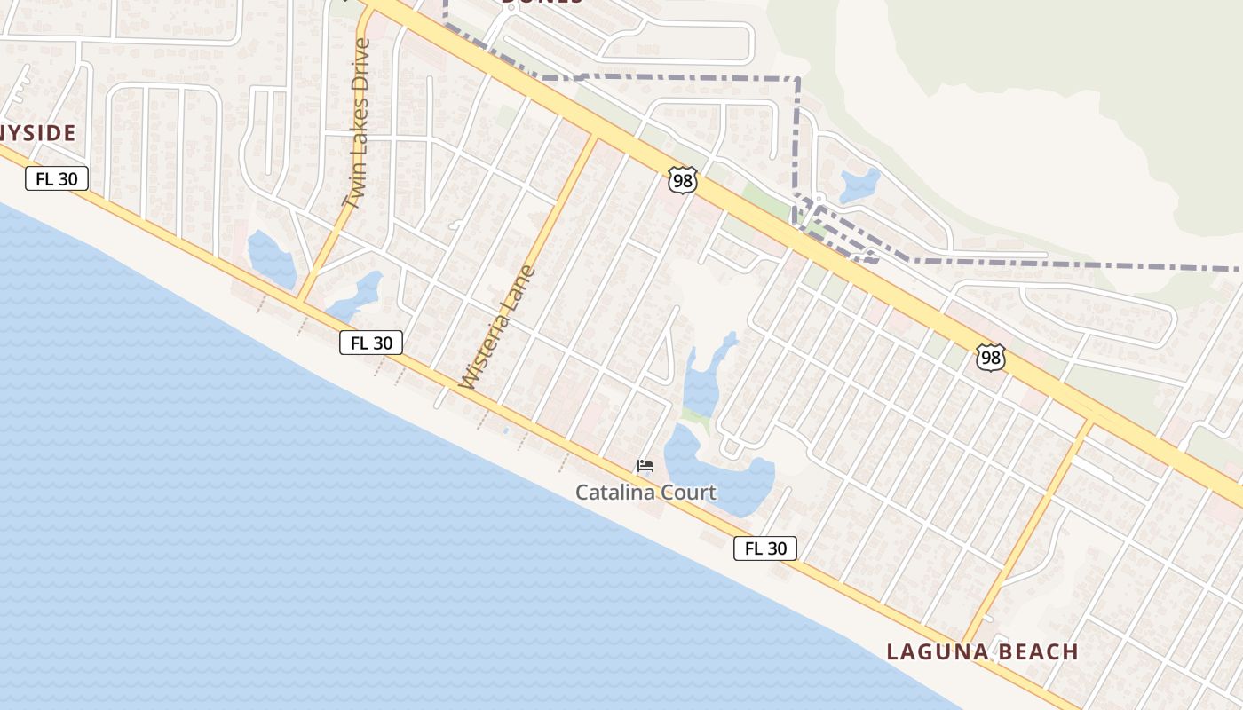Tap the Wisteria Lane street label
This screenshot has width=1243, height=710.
(498, 327)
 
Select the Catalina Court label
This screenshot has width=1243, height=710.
(645, 492)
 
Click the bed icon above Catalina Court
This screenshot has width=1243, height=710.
(645, 466)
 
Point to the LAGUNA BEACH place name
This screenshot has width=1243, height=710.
(982, 652)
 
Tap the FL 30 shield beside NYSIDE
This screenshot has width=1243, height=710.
(57, 179)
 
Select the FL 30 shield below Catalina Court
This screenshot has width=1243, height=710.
(764, 548)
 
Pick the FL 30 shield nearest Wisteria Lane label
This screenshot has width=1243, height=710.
(371, 343)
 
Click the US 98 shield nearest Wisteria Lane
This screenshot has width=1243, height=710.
(683, 181)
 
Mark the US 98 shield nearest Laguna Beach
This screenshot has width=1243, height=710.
(990, 358)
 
